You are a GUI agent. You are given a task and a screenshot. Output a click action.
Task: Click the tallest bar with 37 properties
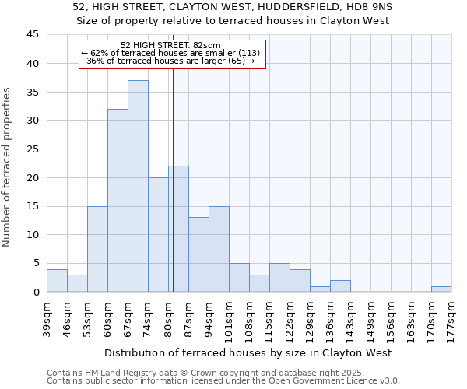click(138, 186)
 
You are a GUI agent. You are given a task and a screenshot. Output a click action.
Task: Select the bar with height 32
click(118, 200)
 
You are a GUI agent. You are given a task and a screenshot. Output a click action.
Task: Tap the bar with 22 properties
click(178, 229)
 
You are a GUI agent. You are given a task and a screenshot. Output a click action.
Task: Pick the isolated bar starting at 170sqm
click(441, 289)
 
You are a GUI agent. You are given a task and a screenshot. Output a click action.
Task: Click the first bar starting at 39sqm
click(57, 280)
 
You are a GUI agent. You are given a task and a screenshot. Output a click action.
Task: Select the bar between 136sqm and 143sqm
click(340, 286)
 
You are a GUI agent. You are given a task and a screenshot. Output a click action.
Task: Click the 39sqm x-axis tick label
click(47, 316)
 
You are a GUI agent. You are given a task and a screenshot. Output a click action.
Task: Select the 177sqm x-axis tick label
click(451, 316)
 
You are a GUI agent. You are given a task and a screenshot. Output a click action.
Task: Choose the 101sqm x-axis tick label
click(229, 316)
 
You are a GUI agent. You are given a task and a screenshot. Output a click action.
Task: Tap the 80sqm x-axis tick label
click(168, 316)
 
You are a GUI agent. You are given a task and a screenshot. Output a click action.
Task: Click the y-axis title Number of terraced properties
click(8, 167)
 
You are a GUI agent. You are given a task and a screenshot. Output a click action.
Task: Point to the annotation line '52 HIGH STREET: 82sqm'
click(171, 45)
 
